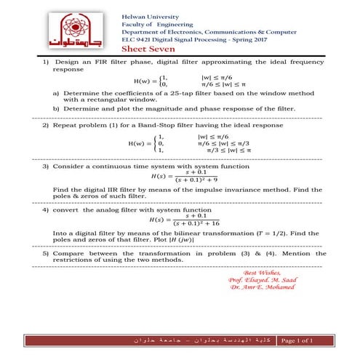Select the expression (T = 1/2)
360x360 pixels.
[x=265, y=233]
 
